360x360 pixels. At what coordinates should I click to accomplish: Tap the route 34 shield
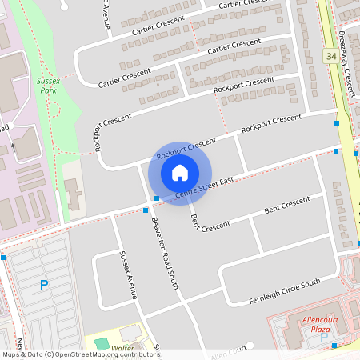331,57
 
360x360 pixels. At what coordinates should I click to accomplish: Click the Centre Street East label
204,187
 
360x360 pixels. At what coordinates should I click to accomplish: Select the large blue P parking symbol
44,284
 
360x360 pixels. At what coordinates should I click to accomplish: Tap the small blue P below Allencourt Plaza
323,338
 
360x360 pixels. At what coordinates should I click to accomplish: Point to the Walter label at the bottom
122,348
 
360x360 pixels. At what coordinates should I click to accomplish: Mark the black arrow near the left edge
13,147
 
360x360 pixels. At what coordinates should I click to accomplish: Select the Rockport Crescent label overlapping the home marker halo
186,148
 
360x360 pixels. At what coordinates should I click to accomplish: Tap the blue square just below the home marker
158,198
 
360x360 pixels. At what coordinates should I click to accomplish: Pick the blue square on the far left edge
3,258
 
